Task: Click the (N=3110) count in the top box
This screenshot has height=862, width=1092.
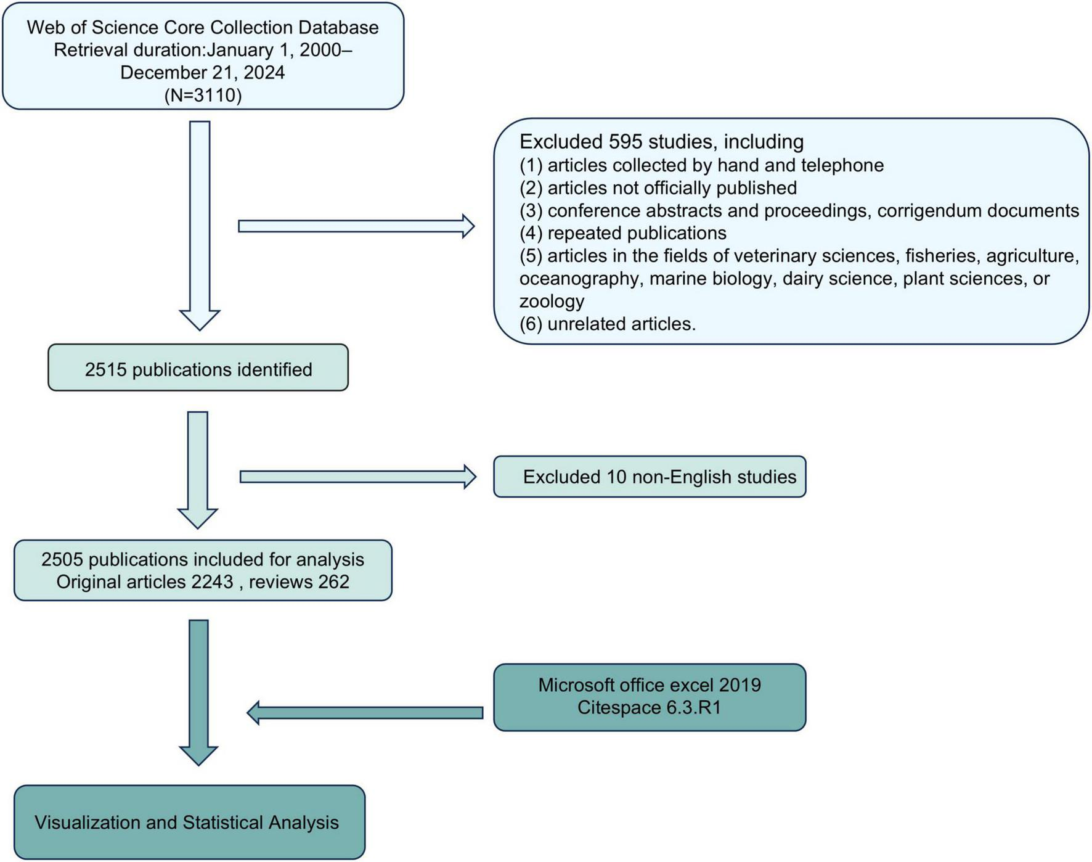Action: pos(203,95)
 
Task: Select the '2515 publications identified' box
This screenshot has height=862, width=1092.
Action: pos(198,369)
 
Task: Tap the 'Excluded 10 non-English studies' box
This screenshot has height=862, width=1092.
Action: pos(650,477)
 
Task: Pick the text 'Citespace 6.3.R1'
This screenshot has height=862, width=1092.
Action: pos(649,707)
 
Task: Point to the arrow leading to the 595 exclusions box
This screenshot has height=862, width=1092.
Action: pos(356,226)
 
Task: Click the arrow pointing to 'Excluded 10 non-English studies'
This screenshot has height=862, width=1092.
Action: pos(357,477)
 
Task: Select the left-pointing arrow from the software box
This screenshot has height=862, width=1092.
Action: pos(365,712)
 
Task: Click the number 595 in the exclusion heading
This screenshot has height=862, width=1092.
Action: pos(626,142)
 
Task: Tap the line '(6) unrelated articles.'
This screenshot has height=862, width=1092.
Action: pos(607,324)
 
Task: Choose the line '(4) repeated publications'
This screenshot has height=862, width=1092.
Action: pos(622,233)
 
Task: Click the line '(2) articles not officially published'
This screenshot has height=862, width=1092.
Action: pos(658,187)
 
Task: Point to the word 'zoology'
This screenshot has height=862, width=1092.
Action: pos(552,301)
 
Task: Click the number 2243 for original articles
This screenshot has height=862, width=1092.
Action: pos(212,581)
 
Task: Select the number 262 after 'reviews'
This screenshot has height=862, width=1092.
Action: pos(333,581)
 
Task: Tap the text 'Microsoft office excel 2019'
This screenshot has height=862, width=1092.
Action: pos(649,685)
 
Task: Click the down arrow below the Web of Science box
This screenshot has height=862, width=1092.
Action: pos(200,225)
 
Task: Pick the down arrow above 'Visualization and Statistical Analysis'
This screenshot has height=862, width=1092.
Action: pos(198,691)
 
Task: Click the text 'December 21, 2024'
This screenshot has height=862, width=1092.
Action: pos(203,72)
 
